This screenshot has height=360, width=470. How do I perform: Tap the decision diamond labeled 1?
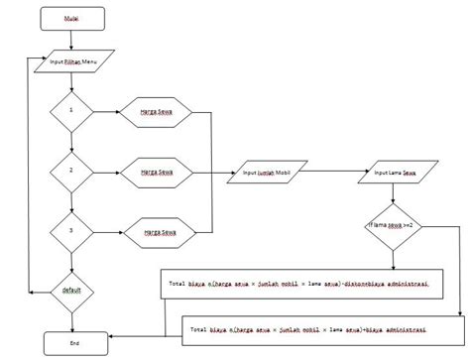72,112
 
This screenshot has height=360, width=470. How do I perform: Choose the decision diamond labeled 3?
72,230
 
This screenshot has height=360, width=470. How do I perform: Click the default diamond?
72,291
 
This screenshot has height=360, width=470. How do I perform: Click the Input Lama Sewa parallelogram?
395,172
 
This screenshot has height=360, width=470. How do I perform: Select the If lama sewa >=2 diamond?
394,226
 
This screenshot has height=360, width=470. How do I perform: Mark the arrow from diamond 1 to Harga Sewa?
108,112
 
